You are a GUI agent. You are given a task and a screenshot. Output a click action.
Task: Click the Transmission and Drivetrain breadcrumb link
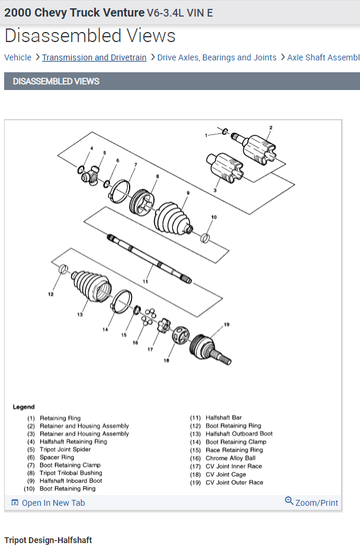coord(94,57)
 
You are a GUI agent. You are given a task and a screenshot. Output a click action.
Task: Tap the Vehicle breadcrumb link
coord(18,57)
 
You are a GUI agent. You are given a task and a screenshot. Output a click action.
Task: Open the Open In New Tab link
coord(53,503)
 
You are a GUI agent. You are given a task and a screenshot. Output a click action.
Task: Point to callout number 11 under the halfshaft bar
coord(145,281)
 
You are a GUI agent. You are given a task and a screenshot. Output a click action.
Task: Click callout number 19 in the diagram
coord(226,324)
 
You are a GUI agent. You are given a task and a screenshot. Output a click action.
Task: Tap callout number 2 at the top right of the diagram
coord(271,127)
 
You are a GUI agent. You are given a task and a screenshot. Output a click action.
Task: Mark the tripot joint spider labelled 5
coord(93,176)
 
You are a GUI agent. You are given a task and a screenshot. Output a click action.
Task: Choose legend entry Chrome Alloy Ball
coord(230,458)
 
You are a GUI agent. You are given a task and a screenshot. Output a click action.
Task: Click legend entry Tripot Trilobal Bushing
coord(70,473)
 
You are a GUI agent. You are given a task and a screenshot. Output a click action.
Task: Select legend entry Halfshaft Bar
coord(223,418)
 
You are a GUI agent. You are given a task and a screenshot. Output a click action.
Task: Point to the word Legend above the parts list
coord(24,407)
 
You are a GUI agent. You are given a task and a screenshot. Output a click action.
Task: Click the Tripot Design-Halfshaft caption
coord(48,540)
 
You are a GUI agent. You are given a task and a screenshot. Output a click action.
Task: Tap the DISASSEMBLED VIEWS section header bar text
coord(56,81)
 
